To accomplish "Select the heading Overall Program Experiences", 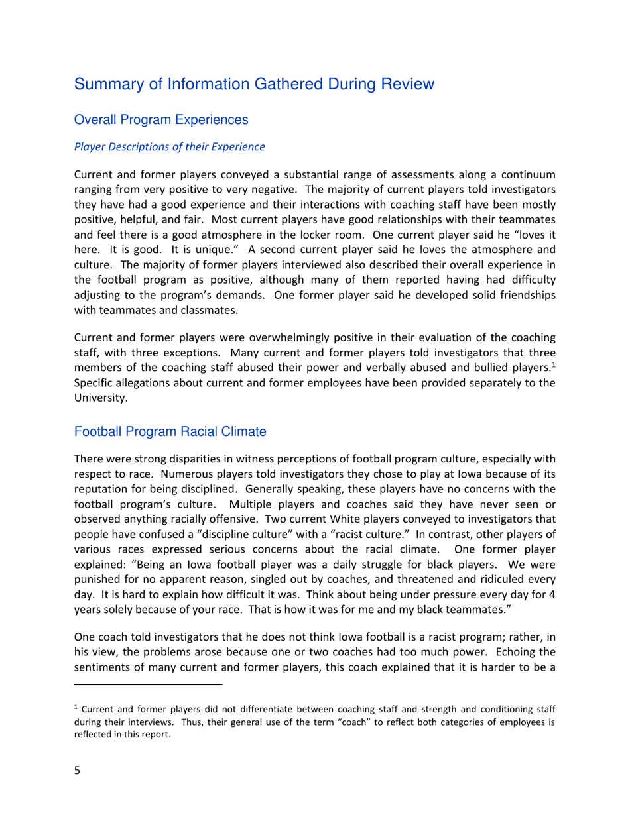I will tap(161, 120).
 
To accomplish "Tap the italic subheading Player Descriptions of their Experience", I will tap(169, 147).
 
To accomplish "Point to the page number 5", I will tap(77, 771).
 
